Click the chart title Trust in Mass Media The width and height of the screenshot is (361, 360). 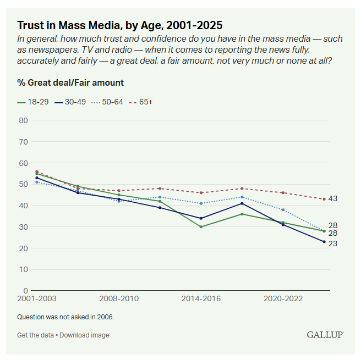click(119, 25)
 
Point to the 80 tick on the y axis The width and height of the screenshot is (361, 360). click(23, 120)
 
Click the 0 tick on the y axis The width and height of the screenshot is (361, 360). click(25, 290)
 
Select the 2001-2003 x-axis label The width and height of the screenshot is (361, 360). click(36, 299)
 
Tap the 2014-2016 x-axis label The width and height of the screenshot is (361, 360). click(201, 299)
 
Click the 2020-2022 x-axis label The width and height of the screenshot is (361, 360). click(283, 299)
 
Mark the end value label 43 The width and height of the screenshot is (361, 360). click(333, 199)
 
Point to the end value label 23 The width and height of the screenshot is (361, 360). click(333, 243)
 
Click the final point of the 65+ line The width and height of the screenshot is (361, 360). click(324, 199)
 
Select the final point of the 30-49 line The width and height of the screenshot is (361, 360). click(324, 242)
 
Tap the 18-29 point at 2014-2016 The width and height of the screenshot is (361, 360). click(201, 226)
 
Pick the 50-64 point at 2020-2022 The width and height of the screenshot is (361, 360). click(283, 210)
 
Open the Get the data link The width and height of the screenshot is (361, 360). click(36, 335)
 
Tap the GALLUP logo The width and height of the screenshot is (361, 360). click(325, 335)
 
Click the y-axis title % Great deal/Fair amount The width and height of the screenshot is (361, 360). click(70, 83)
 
